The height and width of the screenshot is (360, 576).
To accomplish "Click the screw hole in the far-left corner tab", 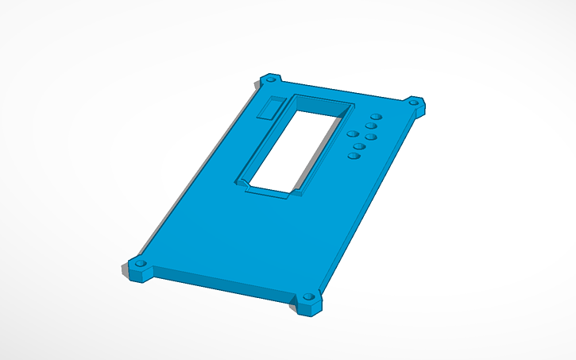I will coord(270,80).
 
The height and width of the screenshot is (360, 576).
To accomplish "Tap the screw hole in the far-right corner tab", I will coord(414,103).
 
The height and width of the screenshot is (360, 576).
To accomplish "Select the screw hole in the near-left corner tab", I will coord(141,263).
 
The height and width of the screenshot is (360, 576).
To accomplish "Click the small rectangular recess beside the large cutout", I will coord(272,107).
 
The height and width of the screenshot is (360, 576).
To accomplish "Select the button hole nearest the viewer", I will coord(354,157).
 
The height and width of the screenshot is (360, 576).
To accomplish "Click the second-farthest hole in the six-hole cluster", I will coord(371,126).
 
